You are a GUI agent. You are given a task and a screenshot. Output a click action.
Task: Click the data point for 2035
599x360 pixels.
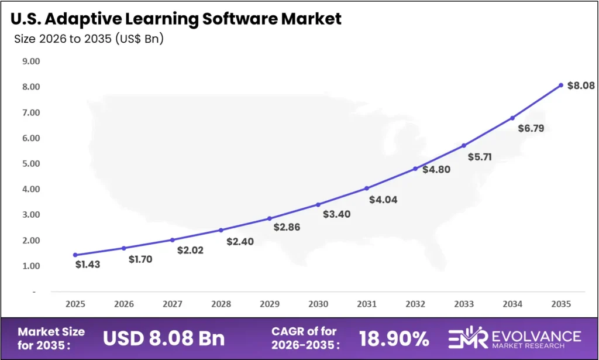560,85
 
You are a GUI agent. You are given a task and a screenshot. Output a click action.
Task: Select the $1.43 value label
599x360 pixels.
88,265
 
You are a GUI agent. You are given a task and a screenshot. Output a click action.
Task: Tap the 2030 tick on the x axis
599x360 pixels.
318,304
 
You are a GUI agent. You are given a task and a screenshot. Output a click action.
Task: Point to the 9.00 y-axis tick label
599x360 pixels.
30,61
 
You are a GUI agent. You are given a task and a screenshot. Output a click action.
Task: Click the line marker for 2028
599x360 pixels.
221,230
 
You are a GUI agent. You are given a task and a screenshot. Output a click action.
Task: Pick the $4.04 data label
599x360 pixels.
383,200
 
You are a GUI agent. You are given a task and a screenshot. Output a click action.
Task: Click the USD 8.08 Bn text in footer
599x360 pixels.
163,338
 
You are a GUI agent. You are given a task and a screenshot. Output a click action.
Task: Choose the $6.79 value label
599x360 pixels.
531,128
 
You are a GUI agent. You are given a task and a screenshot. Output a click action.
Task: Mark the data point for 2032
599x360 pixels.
415,169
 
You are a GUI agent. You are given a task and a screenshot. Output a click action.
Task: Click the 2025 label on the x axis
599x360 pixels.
75,304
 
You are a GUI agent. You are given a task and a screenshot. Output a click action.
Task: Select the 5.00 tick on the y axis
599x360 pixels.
30,163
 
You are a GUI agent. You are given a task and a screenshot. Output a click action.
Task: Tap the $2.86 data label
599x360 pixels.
287,227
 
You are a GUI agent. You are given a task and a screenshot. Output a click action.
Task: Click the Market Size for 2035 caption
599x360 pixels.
51,338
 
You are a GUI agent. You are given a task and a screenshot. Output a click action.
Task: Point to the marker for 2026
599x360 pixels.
124,248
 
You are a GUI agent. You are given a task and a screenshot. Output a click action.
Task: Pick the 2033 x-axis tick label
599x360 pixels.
464,304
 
